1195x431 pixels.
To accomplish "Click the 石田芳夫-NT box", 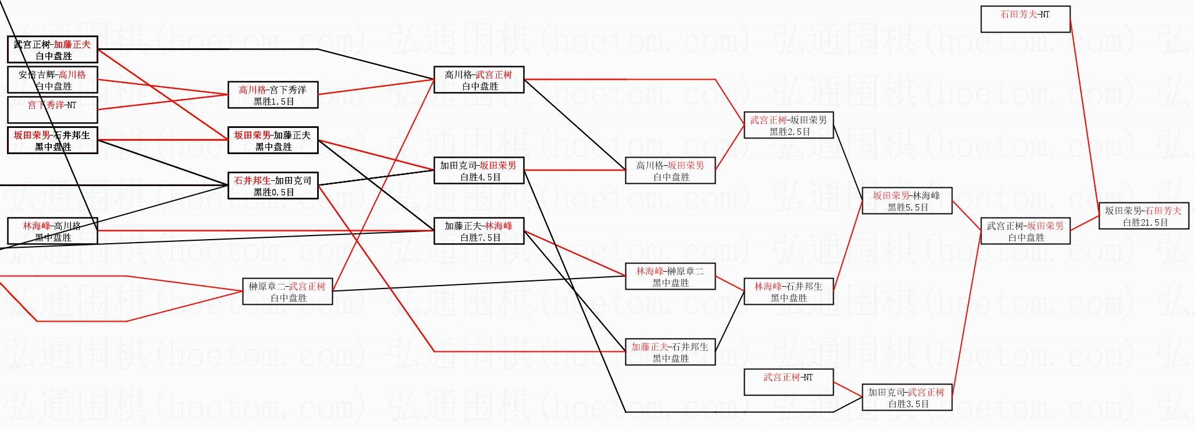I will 1025,19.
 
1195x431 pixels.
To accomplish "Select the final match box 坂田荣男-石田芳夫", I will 1143,216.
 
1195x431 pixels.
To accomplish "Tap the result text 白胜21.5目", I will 1143,222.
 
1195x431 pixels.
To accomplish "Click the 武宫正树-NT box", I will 788,382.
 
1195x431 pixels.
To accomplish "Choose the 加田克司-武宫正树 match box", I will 906,397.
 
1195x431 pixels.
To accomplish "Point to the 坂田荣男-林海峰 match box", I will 906,201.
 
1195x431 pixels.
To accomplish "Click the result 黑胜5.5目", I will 906,207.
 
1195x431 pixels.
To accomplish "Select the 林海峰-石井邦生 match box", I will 788,291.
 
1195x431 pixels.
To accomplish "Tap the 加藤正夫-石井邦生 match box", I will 670,352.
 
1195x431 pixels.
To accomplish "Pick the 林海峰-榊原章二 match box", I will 670,276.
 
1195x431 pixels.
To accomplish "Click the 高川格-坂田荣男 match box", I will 670,170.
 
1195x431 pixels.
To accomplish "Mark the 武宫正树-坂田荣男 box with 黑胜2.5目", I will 788,125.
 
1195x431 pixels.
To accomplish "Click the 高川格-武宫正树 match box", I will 479,80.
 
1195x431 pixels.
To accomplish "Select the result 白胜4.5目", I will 479,177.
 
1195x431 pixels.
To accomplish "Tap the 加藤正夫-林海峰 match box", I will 479,231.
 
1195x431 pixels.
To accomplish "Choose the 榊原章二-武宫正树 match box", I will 287,291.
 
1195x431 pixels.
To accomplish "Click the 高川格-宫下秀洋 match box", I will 273,95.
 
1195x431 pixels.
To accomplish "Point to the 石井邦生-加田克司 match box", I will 273,186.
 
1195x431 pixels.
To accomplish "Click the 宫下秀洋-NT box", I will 52,110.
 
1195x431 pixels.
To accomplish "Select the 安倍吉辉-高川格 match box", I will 52,80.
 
